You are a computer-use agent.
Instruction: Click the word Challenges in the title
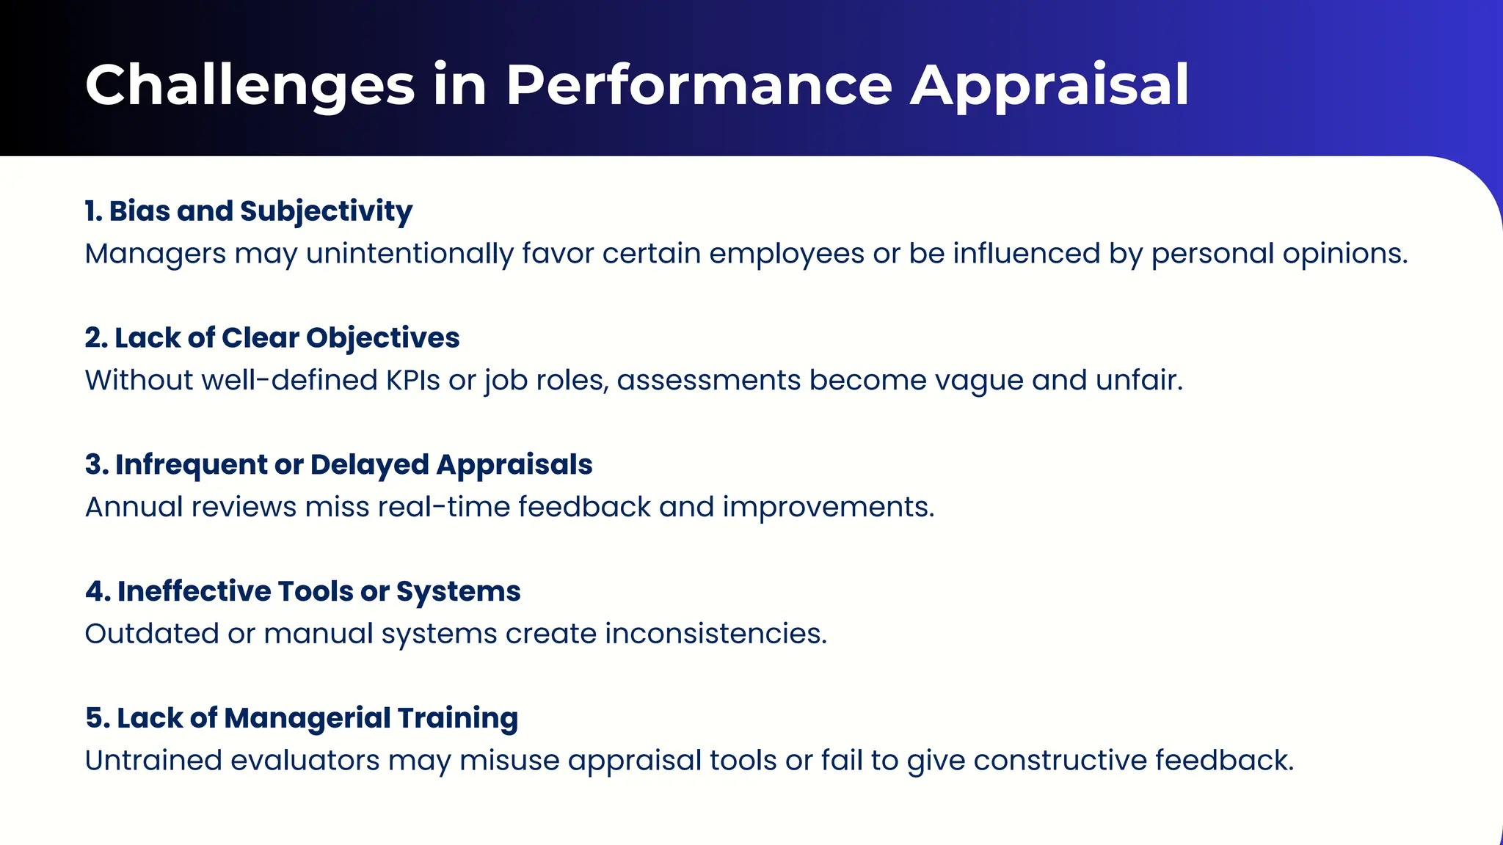tap(250, 86)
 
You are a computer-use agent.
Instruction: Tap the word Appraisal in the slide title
tap(1049, 86)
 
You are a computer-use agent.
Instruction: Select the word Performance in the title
tap(698, 86)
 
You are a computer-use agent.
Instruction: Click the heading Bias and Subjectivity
tap(260, 211)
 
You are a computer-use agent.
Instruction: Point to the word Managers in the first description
tap(156, 254)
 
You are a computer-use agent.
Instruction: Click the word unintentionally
tap(410, 254)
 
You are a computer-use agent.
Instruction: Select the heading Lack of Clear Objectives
tap(286, 338)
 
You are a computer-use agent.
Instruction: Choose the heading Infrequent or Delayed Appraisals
tap(353, 465)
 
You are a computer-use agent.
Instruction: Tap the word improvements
tap(828, 508)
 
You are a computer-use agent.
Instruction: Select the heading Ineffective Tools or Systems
tap(319, 592)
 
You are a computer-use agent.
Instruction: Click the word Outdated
tap(152, 634)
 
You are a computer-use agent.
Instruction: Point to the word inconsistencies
tap(715, 634)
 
